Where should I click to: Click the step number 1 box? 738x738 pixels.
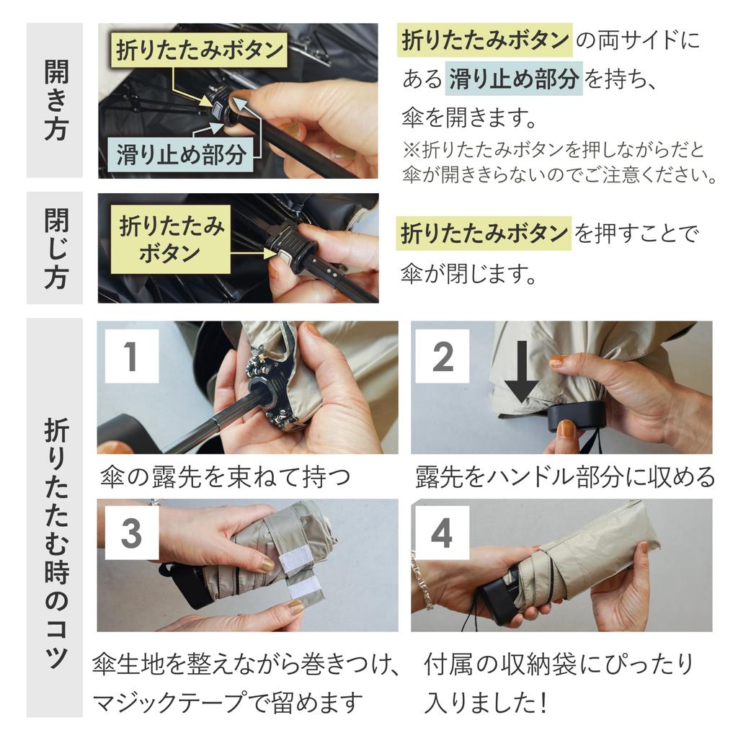click(132, 356)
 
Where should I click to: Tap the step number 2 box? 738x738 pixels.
click(443, 356)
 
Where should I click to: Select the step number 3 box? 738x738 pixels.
click(132, 533)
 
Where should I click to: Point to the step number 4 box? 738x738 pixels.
click(443, 533)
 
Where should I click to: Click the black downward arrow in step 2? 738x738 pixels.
click(521, 371)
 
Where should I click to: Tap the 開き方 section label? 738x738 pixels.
click(55, 100)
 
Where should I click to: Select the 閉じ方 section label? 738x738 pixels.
click(55, 249)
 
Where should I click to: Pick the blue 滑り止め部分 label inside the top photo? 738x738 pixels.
click(180, 154)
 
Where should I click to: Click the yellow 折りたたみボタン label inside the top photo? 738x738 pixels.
click(199, 50)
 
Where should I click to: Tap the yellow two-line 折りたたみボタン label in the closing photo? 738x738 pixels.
click(171, 239)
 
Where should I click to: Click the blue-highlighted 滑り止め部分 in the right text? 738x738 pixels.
click(513, 78)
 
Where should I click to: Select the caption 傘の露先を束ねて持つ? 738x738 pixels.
click(226, 476)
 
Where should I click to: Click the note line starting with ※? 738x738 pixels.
click(554, 150)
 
